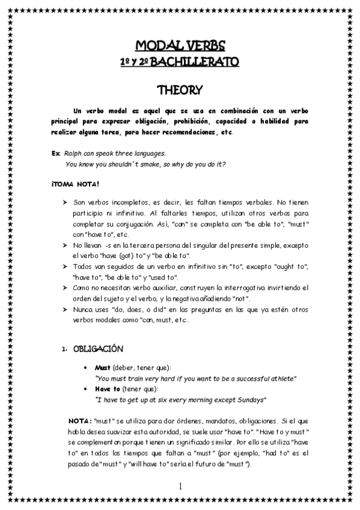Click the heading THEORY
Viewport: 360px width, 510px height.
(180, 90)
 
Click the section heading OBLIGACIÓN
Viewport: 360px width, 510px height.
(98, 349)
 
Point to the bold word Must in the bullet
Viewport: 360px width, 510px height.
(103, 367)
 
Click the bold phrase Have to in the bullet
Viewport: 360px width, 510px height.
(107, 389)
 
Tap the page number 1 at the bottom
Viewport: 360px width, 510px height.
(180, 485)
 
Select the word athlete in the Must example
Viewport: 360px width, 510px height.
(280, 378)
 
